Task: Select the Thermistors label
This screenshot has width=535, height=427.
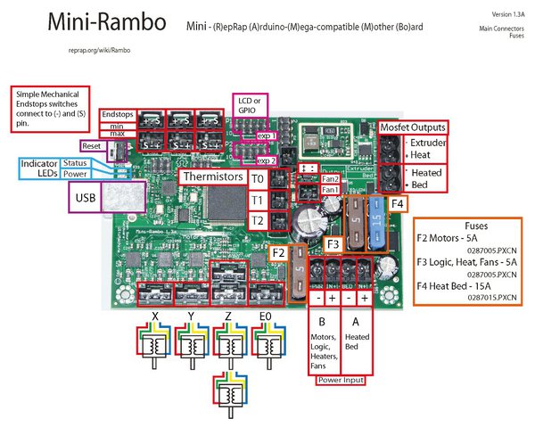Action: [211, 177]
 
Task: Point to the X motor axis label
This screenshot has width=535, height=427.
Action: [155, 316]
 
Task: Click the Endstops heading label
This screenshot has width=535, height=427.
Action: [118, 115]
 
